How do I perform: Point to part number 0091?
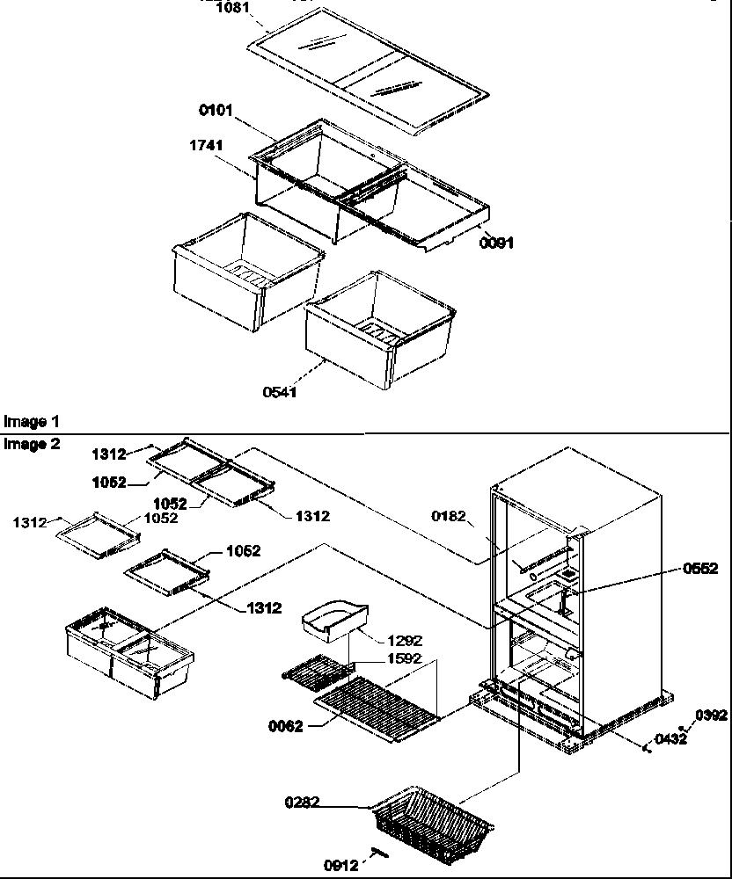coord(496,243)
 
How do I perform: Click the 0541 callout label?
coord(279,392)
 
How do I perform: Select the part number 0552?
coord(699,569)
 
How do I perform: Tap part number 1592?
coord(404,658)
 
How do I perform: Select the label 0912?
coord(342,865)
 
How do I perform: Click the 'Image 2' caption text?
coord(32,444)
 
